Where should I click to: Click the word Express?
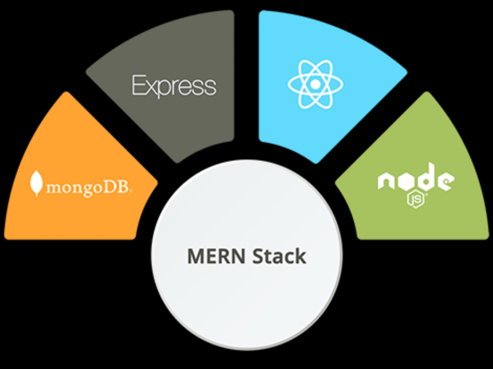point(174,85)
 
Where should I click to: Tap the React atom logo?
point(316,84)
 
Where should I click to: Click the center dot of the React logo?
point(316,84)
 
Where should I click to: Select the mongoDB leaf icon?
point(36,183)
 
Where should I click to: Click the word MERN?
point(216,256)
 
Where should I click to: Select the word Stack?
point(280,256)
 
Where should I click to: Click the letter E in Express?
point(139,85)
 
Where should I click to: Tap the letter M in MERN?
point(197,256)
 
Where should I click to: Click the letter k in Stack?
point(300,256)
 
